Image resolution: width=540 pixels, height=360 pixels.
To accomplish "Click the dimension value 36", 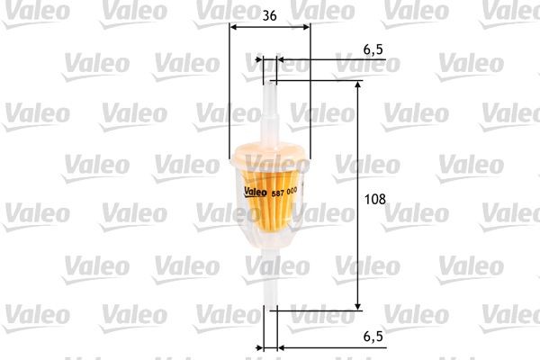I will pos(269,15).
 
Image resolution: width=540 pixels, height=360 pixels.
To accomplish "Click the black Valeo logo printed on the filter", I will pos(257,189).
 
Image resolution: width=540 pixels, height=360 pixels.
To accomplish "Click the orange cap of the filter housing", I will pos(269,153).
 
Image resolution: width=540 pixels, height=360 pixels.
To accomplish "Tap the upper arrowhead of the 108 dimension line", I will pos(359,85).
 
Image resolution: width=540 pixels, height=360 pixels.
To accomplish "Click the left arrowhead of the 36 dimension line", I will pos(234,27).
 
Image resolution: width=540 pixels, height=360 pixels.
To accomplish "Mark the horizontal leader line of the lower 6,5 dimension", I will pos(333,346).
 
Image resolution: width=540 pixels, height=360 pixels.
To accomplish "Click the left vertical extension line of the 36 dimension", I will pos(229,99).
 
